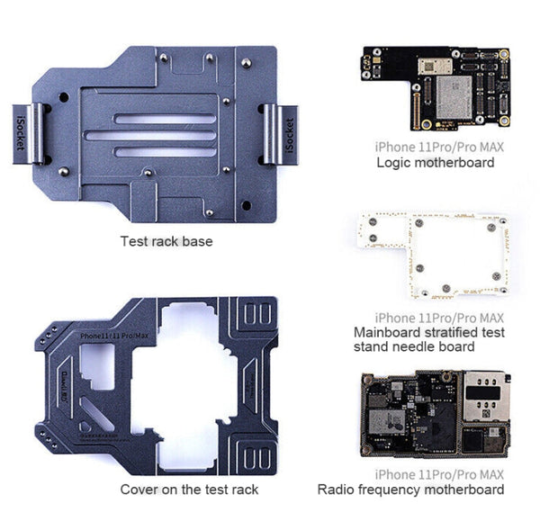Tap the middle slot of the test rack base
point(151,136)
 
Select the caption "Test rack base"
point(166,241)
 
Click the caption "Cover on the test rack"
point(189,490)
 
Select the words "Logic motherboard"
point(435,163)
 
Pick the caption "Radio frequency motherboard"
point(410,490)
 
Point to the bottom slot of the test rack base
point(151,151)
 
